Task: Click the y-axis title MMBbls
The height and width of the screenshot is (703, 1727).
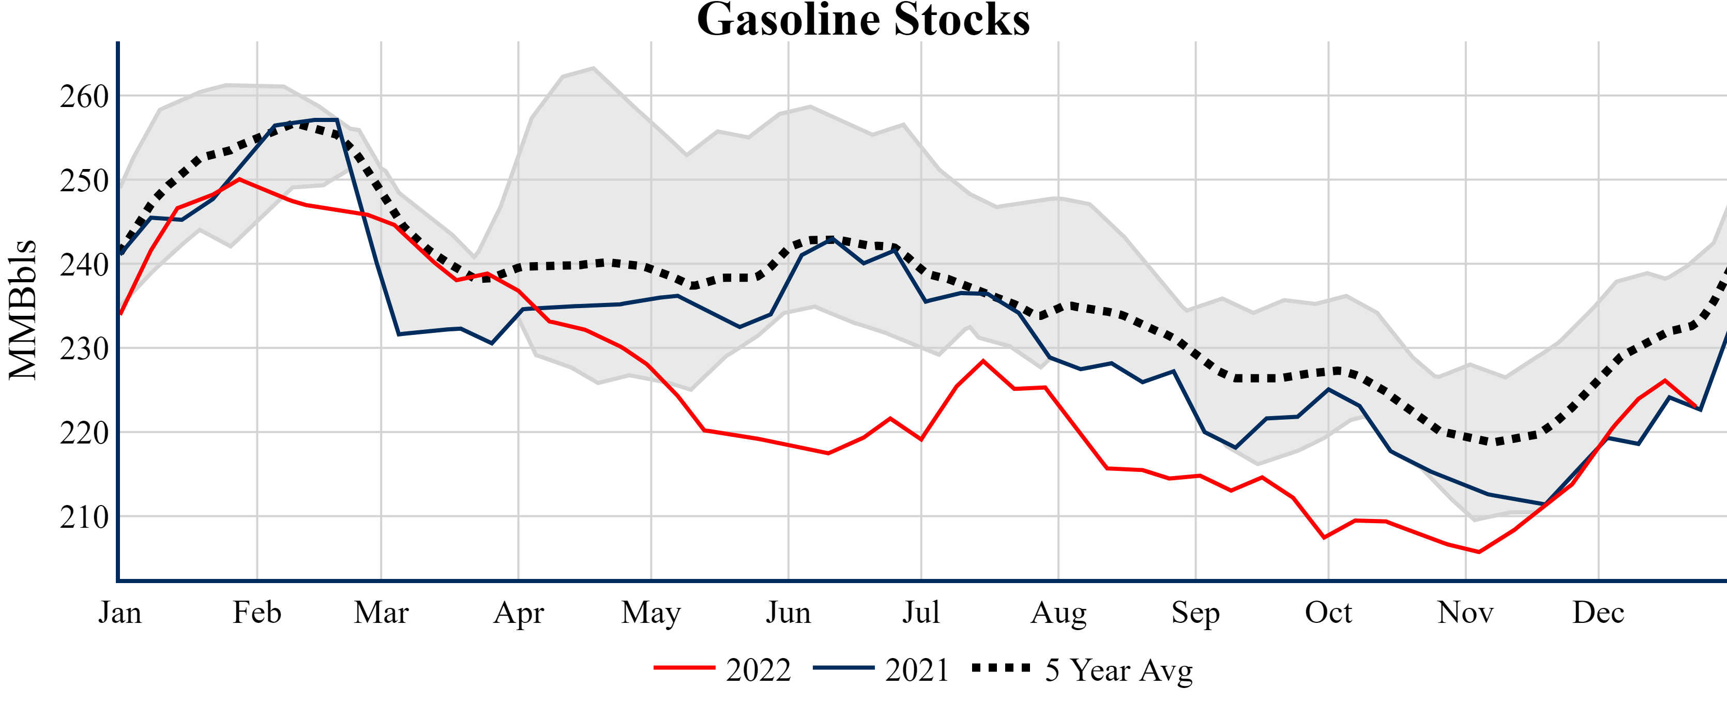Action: (22, 310)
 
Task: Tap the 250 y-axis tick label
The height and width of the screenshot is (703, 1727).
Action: (84, 181)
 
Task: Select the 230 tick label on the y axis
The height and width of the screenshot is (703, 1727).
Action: (84, 349)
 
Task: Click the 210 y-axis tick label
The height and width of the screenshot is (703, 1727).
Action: (84, 517)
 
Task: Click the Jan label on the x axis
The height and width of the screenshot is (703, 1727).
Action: (120, 613)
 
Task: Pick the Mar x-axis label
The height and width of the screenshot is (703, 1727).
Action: (381, 613)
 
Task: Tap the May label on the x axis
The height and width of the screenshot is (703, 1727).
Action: (650, 613)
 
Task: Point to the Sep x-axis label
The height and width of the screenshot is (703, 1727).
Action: (1195, 613)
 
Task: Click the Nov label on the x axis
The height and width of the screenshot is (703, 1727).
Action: (1465, 613)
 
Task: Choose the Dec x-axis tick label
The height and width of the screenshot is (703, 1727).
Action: (1598, 613)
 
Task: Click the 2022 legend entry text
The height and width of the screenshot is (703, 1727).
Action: (758, 670)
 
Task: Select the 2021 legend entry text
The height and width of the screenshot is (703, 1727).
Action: (916, 670)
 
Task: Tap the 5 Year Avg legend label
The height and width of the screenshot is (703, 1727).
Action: (1119, 670)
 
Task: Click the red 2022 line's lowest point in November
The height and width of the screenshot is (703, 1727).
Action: (1479, 552)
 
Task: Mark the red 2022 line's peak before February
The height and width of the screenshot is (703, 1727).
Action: (239, 179)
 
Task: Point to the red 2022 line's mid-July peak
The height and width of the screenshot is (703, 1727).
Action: (983, 361)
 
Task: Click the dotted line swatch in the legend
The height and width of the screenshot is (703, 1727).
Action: (1001, 667)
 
